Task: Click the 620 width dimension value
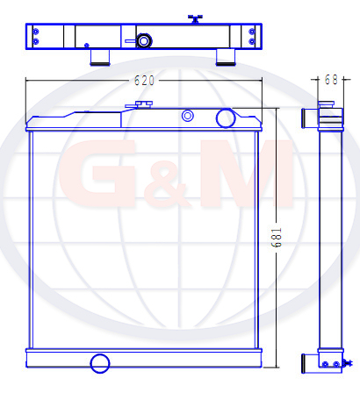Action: tap(144, 81)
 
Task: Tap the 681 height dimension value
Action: tap(276, 238)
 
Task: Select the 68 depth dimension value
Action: tap(331, 80)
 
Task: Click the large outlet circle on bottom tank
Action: tap(100, 363)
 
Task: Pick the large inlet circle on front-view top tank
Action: tap(226, 118)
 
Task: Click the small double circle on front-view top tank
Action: tap(188, 116)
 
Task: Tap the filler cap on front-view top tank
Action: tap(144, 104)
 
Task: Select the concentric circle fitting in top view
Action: tap(143, 41)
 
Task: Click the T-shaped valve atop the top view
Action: tap(195, 18)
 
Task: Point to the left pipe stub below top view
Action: tap(100, 58)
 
